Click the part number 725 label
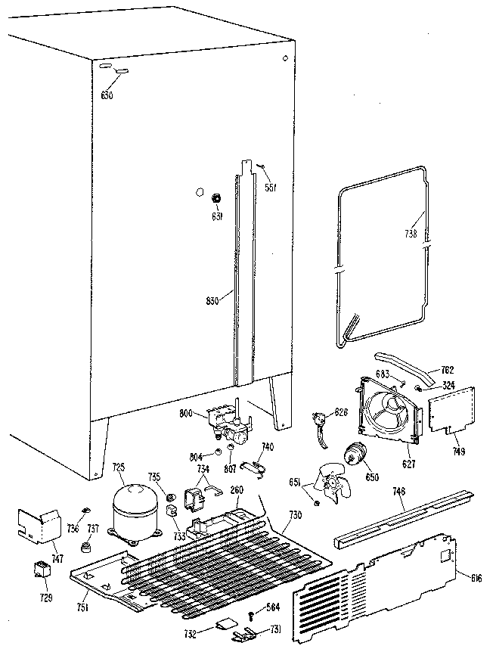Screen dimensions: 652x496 tap(118, 469)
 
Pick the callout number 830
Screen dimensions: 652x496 tap(212, 300)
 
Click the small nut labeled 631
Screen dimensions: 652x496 tap(215, 199)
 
